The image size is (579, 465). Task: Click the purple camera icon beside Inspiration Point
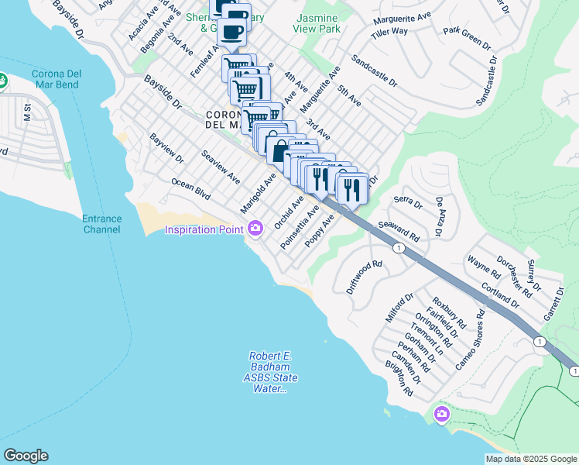tap(255, 228)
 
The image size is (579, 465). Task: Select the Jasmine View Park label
tap(317, 22)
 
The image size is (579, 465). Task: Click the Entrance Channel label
tap(102, 224)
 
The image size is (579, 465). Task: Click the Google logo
tap(26, 456)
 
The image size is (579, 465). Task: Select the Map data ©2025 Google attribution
tap(530, 458)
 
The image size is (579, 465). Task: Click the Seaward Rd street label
tap(398, 231)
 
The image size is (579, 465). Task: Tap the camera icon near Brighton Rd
tap(442, 414)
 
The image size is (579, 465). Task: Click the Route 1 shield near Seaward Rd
tap(398, 248)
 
